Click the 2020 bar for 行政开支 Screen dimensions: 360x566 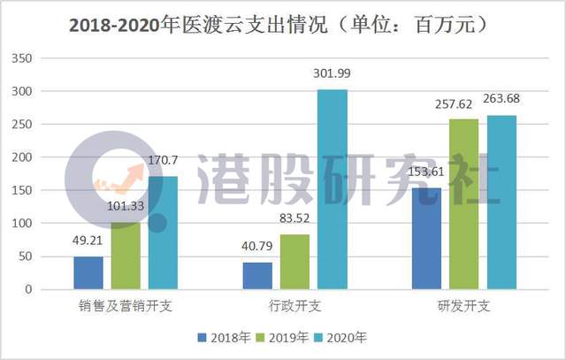(x=333, y=189)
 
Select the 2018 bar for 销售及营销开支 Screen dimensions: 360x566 (x=88, y=272)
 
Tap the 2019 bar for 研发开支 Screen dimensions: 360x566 (x=463, y=204)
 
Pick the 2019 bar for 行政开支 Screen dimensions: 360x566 (x=295, y=261)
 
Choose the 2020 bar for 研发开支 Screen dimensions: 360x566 (x=501, y=202)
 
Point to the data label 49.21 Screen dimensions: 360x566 (x=88, y=240)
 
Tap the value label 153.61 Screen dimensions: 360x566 (x=426, y=172)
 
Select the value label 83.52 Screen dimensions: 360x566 (x=295, y=218)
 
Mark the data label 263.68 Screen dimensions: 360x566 (x=502, y=98)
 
